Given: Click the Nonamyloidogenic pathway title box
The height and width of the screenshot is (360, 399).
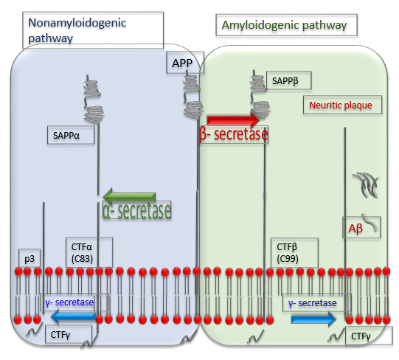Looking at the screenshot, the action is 93,30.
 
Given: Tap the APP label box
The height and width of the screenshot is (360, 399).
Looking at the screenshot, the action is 185,63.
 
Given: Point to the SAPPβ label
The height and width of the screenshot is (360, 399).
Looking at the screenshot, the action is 289,80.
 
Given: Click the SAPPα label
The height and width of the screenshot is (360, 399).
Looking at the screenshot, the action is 71,135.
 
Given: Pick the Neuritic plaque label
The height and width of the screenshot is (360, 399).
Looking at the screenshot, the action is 342,105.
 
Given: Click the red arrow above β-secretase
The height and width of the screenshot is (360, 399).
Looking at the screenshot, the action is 234,120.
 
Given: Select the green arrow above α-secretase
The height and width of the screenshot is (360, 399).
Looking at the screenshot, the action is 129,196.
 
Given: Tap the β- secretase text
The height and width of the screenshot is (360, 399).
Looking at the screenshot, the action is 234,134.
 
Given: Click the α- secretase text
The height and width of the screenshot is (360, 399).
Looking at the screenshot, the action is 137,210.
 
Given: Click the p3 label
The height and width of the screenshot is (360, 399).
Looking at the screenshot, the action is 30,258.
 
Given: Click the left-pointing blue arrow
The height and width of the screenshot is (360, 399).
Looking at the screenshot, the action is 73,316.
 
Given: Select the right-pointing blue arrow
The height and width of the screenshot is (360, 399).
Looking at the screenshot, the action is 313,319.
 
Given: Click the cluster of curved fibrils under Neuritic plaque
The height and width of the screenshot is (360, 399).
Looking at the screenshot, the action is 366,185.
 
